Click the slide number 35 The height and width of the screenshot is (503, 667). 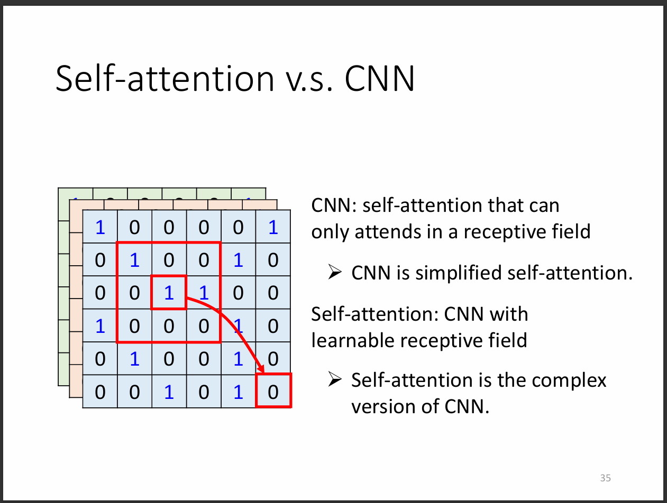(605, 478)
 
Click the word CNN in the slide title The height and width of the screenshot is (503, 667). (380, 79)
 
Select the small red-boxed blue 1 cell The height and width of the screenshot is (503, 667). (169, 293)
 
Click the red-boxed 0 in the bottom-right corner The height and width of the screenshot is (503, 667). (273, 390)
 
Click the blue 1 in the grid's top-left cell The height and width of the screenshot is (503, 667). (100, 227)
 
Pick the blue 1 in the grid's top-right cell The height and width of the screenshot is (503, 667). (273, 227)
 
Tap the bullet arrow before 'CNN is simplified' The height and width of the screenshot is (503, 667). (335, 272)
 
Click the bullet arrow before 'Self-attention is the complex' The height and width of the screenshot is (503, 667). (335, 379)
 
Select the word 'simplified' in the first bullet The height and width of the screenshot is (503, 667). (459, 273)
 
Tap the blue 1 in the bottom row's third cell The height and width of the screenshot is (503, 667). (169, 392)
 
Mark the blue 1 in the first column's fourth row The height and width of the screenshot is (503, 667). (100, 326)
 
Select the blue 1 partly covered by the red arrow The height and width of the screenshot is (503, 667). (238, 326)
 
